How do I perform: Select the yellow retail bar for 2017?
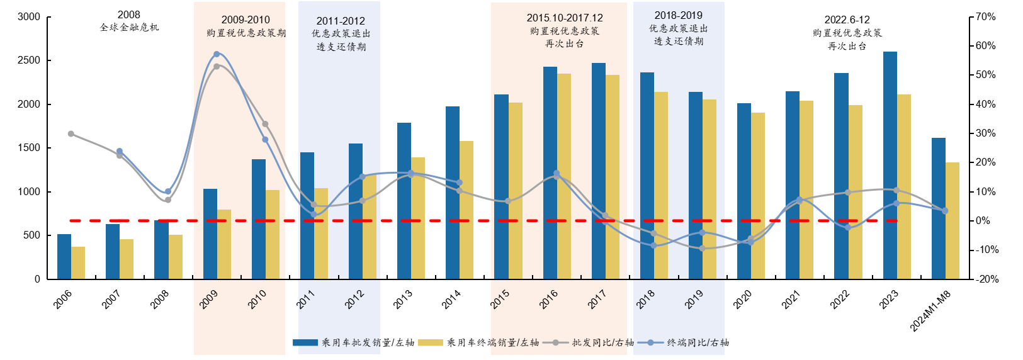tap(612, 177)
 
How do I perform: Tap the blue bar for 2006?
tap(64, 257)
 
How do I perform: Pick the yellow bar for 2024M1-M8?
tap(952, 220)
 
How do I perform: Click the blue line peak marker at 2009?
tap(217, 54)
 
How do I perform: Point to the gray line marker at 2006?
tap(71, 134)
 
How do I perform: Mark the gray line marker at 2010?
tap(265, 124)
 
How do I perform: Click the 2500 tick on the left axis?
tap(28, 60)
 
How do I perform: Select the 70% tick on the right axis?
tap(986, 17)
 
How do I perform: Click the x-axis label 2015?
tap(500, 299)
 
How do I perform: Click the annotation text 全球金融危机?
tap(129, 27)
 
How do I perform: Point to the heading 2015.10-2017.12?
tap(565, 18)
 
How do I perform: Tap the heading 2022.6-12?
tap(847, 20)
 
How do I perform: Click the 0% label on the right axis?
tap(983, 221)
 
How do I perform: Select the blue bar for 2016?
tap(550, 172)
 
